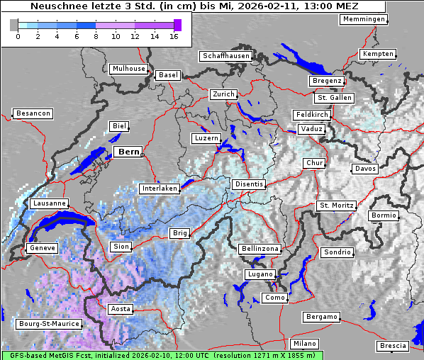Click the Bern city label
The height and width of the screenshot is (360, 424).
point(128,152)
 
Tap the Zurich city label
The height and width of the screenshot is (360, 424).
point(223,94)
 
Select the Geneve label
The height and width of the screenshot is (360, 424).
point(41,248)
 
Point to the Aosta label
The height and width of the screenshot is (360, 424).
point(120,309)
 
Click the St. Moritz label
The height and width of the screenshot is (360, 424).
point(336,206)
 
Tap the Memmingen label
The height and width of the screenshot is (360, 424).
point(364,19)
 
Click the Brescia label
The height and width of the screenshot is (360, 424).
point(393,346)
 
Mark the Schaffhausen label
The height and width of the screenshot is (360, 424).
point(225,55)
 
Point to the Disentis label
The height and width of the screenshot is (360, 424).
point(249,184)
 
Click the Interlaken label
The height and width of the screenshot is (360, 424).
point(159,189)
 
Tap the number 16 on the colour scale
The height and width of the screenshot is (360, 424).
point(174,36)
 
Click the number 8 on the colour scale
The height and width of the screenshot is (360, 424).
point(96,36)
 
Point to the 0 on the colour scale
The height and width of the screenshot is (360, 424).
point(18,36)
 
